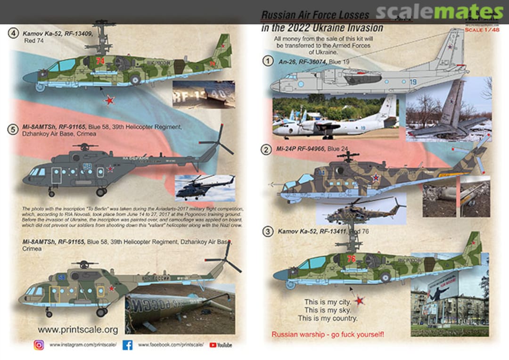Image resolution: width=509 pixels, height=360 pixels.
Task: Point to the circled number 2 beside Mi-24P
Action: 267,149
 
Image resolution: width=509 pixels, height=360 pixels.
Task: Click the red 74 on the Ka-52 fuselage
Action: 99,61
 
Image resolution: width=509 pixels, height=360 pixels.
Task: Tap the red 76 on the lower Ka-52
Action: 351,259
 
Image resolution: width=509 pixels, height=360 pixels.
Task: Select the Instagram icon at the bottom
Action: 39,345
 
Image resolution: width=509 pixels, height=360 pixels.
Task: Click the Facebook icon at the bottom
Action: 127,345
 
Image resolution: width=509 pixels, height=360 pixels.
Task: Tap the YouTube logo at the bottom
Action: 221,345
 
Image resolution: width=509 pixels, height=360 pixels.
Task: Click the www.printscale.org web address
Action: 77,329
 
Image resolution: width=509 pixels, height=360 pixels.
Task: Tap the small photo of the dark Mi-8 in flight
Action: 205,187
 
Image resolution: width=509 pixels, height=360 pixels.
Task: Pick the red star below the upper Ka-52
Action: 110,100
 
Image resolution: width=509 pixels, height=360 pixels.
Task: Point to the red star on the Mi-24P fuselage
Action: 376,178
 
